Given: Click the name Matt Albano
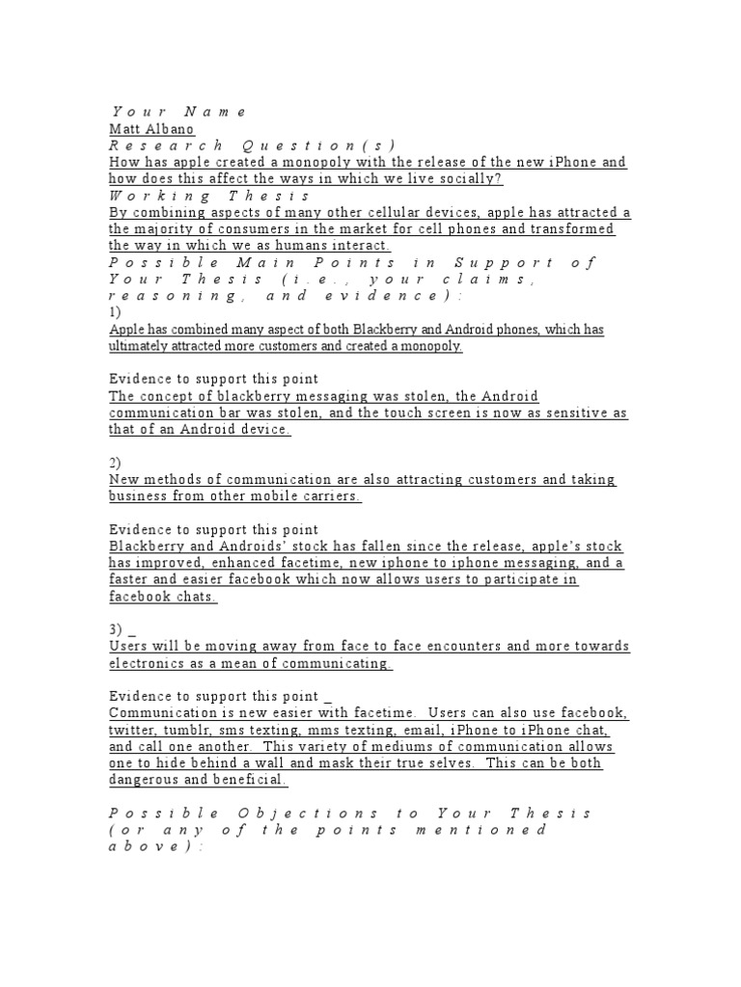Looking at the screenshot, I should coord(151,129).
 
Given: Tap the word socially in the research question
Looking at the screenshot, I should coord(472,179).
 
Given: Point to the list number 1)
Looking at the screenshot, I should coord(116,312).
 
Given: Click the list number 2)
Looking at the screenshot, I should coord(116,463).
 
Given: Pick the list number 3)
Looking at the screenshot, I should coord(116,629).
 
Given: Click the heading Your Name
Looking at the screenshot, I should coord(179,112).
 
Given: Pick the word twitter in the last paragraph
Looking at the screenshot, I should coord(131,730).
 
